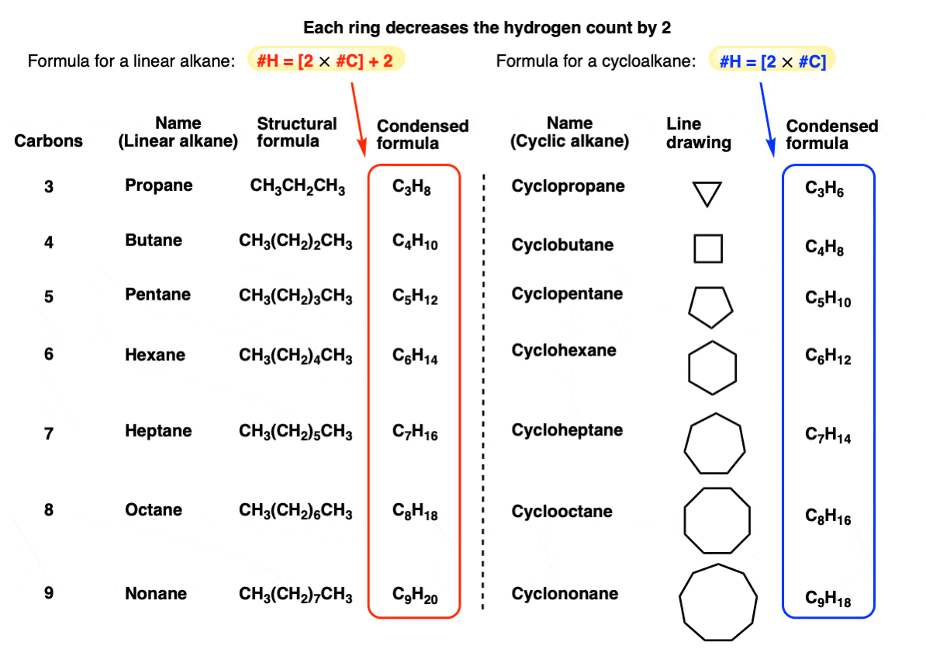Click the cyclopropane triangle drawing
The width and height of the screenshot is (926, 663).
pyautogui.click(x=707, y=193)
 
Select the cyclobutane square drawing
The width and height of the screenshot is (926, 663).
pyautogui.click(x=708, y=248)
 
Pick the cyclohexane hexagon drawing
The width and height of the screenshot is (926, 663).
pyautogui.click(x=712, y=366)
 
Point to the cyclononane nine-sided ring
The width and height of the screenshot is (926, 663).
pyautogui.click(x=717, y=602)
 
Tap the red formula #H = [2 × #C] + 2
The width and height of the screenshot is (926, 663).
pyautogui.click(x=326, y=60)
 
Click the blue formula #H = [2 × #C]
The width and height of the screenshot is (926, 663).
pyautogui.click(x=772, y=60)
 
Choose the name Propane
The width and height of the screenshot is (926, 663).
pyautogui.click(x=159, y=186)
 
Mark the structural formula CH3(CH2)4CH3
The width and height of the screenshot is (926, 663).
pyautogui.click(x=295, y=356)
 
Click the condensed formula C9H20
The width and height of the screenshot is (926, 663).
pyautogui.click(x=415, y=596)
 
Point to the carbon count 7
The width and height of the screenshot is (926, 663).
pyautogui.click(x=49, y=433)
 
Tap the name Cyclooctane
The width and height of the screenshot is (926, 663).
pyautogui.click(x=562, y=512)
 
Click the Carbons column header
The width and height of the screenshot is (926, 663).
pyautogui.click(x=49, y=141)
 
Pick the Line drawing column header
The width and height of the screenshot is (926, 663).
pyautogui.click(x=699, y=133)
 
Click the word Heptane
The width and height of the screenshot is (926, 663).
pyautogui.click(x=158, y=431)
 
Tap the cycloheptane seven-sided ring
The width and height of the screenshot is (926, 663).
pyautogui.click(x=714, y=444)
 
